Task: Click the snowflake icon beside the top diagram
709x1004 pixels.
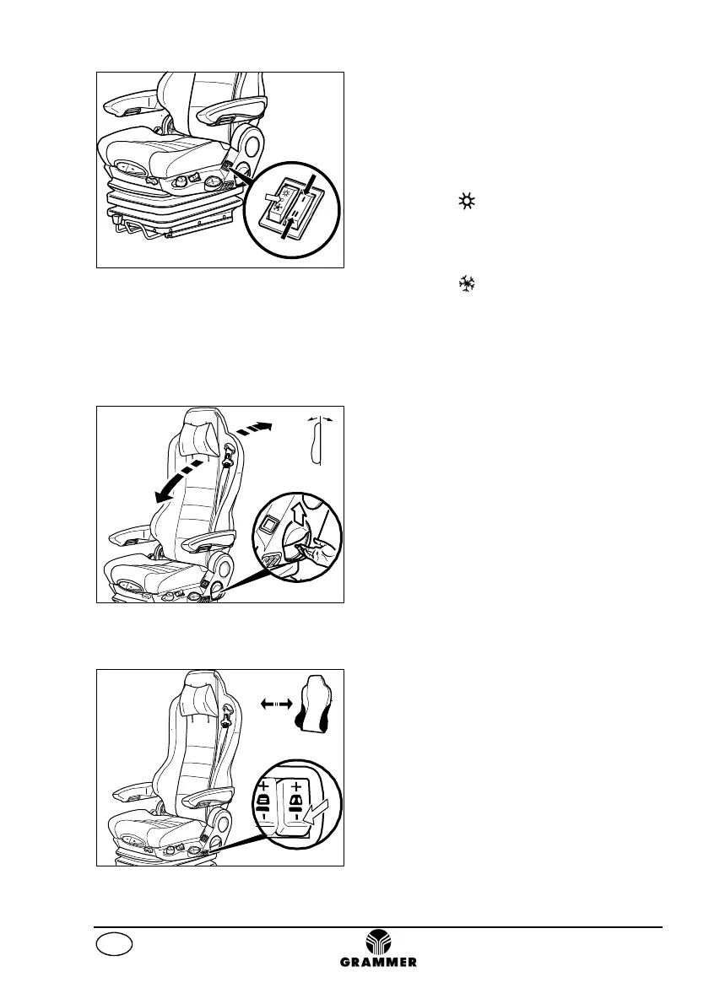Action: pyautogui.click(x=465, y=286)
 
